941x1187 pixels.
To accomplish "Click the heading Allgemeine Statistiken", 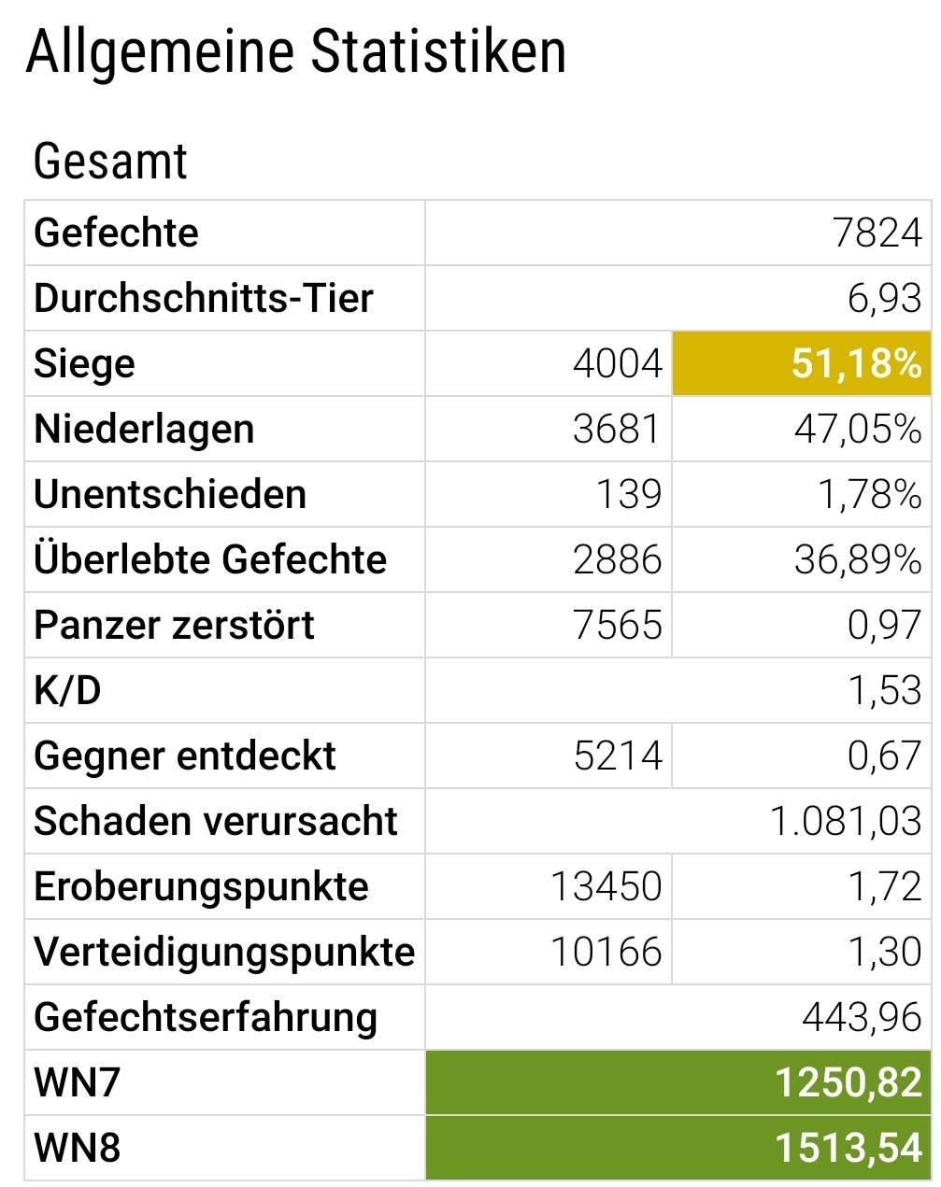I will pyautogui.click(x=296, y=52).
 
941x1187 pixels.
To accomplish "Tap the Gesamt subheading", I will pyautogui.click(x=110, y=162).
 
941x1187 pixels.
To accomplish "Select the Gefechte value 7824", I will pyautogui.click(x=877, y=233).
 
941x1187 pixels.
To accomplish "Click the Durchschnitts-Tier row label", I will pyautogui.click(x=204, y=298).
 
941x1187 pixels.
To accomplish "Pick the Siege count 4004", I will pyautogui.click(x=617, y=363).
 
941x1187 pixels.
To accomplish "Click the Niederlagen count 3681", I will pyautogui.click(x=617, y=429).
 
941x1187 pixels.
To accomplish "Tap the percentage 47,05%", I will pyautogui.click(x=858, y=429).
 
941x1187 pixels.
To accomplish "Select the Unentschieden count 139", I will pyautogui.click(x=629, y=494).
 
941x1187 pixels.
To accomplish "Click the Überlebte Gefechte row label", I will pyautogui.click(x=210, y=559).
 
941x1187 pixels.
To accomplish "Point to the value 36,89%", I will pyautogui.click(x=858, y=559).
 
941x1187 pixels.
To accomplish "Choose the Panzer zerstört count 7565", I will pyautogui.click(x=617, y=625).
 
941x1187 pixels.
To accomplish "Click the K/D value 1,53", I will pyautogui.click(x=884, y=690).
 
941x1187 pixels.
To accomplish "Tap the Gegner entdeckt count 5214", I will pyautogui.click(x=617, y=756).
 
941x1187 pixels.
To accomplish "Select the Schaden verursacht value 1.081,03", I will pyautogui.click(x=846, y=821).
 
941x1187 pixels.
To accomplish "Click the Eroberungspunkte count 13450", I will pyautogui.click(x=606, y=886).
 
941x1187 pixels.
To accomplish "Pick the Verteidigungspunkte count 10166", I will pyautogui.click(x=606, y=952).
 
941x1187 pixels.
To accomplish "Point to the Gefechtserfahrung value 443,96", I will pyautogui.click(x=861, y=1017).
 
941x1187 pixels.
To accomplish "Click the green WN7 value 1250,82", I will pyautogui.click(x=848, y=1082).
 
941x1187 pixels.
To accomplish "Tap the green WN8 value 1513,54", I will pyautogui.click(x=848, y=1148).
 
